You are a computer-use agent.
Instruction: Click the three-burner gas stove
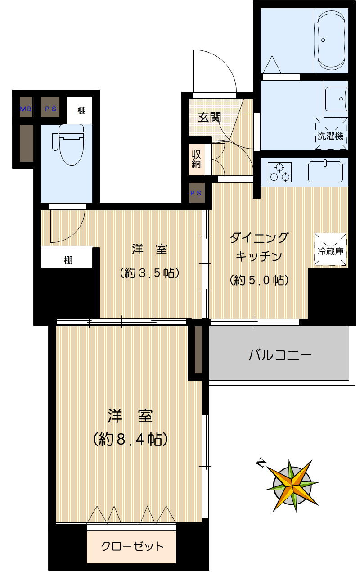(x=279, y=172)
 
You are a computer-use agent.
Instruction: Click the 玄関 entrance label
(x=210, y=117)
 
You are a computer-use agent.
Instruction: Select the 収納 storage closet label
(x=196, y=159)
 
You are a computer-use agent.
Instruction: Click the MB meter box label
(x=26, y=109)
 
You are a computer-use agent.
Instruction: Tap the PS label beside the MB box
(x=50, y=109)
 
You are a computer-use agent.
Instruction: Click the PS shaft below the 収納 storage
(x=196, y=193)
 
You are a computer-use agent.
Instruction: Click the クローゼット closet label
(x=132, y=547)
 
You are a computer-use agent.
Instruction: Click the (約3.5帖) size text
(x=150, y=273)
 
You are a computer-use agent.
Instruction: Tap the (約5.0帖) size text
(x=259, y=280)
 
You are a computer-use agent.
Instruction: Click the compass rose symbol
(x=293, y=486)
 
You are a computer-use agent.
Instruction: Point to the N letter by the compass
(x=260, y=463)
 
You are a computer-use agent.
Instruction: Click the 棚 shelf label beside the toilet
(x=81, y=110)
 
